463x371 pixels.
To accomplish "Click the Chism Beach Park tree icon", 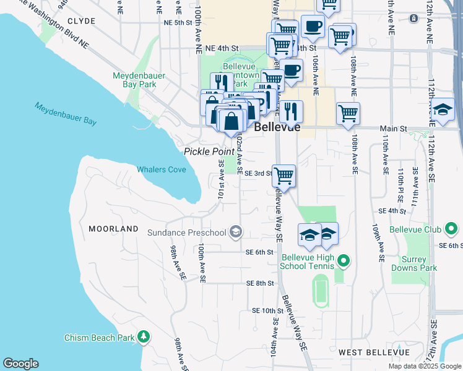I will (144, 337).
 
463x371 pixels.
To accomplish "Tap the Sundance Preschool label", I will (186, 232).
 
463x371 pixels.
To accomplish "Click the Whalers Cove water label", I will (161, 169).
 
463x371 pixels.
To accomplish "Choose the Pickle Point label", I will (208, 151).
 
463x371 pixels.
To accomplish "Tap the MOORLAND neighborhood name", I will (113, 229).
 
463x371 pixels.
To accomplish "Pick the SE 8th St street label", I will (260, 283).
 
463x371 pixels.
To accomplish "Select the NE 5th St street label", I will (178, 22).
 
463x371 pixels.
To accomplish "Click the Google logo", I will (20, 364).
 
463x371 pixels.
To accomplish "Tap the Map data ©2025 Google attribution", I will (424, 366).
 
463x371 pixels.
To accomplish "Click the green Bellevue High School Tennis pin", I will (345, 262).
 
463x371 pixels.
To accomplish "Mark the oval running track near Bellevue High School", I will (319, 291).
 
